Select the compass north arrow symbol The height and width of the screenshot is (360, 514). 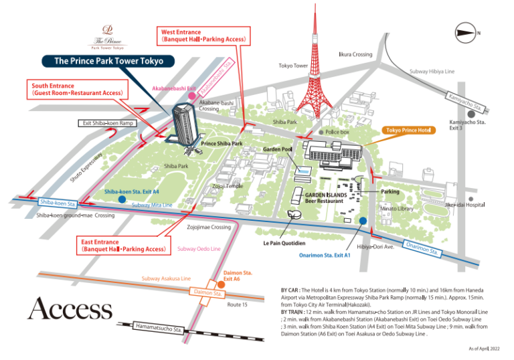(x=466, y=31)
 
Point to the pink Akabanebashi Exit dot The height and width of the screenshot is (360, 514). (x=192, y=96)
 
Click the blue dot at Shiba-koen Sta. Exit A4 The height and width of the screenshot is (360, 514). (x=121, y=199)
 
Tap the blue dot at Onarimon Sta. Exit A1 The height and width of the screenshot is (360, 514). (x=362, y=221)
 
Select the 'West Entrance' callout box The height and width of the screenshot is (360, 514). (x=204, y=36)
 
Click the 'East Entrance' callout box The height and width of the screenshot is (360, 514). (x=123, y=246)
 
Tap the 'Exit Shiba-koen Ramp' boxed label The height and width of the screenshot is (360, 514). (x=107, y=123)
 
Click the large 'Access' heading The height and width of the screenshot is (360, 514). (x=70, y=309)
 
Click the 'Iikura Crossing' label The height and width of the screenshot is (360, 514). (x=355, y=54)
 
